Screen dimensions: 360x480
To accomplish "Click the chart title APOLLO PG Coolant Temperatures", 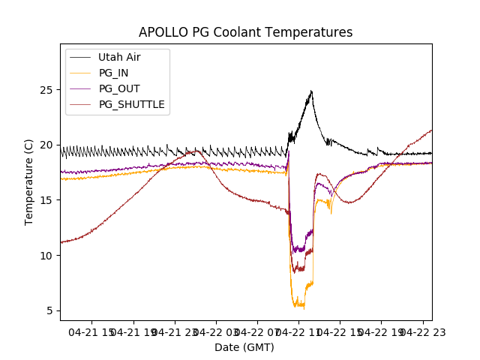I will click(x=245, y=32).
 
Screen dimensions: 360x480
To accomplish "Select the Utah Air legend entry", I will click(x=119, y=57).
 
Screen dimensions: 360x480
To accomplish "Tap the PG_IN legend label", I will click(x=113, y=73).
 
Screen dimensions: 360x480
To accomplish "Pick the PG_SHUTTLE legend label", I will click(x=131, y=104).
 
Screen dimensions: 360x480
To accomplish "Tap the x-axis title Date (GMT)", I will click(x=244, y=347).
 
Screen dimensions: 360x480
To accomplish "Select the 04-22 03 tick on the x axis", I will click(x=217, y=331).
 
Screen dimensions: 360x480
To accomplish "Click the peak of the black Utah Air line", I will click(x=310, y=91).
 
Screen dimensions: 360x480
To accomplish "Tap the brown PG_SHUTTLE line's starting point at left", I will click(x=61, y=242).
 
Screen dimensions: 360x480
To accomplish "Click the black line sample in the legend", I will click(x=80, y=57).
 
